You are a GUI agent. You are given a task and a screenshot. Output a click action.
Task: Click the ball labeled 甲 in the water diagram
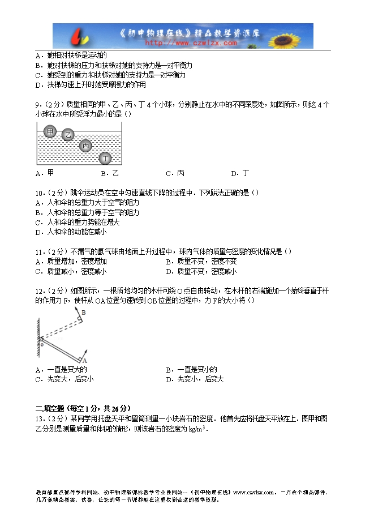[x=50, y=132]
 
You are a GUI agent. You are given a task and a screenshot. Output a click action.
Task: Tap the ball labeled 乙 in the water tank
[x=68, y=135]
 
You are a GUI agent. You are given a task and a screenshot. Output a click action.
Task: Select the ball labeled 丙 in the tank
[x=85, y=146]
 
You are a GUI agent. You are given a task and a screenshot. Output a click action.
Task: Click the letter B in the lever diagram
[x=84, y=313]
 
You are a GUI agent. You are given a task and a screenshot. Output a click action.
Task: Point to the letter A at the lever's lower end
[x=84, y=360]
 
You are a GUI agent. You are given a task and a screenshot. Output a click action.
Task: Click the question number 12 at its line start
[x=38, y=291]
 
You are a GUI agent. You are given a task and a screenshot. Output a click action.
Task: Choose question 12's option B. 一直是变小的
[x=191, y=370]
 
